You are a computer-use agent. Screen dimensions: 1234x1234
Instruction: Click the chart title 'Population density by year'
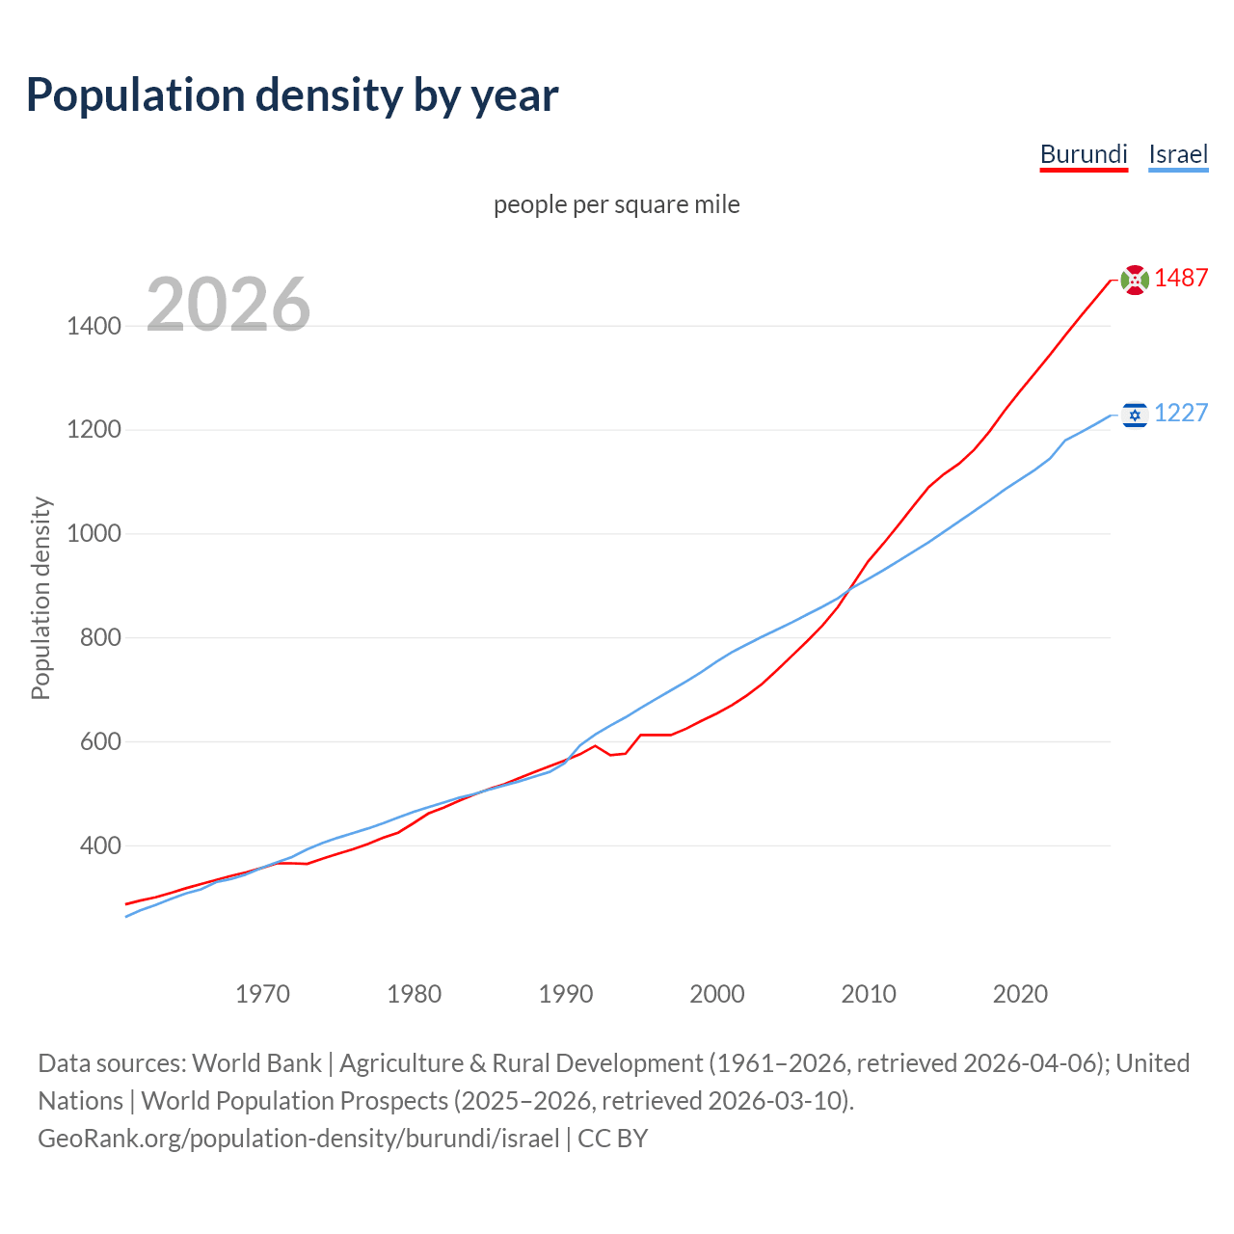coord(292,95)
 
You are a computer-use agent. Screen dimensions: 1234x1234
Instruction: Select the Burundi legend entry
coord(1084,154)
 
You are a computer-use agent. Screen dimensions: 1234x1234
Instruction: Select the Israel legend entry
coord(1178,154)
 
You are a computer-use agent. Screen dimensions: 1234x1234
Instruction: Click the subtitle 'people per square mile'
coord(617,204)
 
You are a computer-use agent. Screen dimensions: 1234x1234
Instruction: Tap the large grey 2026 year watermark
coord(228,305)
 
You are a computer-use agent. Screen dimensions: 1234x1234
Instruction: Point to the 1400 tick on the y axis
coord(94,326)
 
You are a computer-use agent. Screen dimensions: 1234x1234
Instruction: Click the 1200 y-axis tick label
coord(94,430)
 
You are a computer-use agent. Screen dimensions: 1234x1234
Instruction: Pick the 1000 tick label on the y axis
coord(94,534)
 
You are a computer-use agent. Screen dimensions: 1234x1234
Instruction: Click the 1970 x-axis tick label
coord(262,994)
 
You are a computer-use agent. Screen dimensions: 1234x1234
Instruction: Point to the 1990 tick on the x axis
coord(566,994)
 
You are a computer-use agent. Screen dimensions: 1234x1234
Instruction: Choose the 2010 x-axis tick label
coord(869,994)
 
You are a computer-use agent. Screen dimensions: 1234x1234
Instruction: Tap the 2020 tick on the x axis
coord(1020,994)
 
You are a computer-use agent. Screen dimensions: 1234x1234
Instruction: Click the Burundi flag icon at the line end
coord(1135,280)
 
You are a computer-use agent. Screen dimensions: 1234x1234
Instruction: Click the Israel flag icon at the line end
coord(1135,415)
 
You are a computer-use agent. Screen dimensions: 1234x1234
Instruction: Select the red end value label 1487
coord(1181,279)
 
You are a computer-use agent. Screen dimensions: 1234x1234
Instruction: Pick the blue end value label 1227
coord(1181,414)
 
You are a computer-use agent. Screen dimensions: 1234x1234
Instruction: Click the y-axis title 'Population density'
coord(40,598)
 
